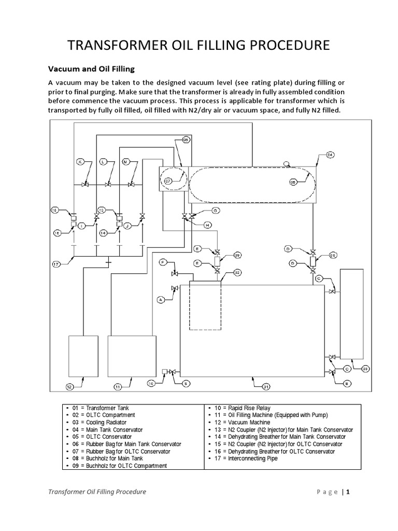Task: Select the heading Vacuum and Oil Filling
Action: coord(91,68)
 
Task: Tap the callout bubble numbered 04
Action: coord(330,155)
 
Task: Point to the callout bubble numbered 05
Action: coord(186,140)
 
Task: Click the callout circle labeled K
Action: coord(80,162)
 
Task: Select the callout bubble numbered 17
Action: coord(56,264)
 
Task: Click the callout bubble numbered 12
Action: coord(69,386)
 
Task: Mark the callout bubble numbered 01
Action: coord(266,386)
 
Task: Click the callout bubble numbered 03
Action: coord(365,369)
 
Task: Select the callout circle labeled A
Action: coord(161,299)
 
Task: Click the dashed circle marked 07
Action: coord(168,180)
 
